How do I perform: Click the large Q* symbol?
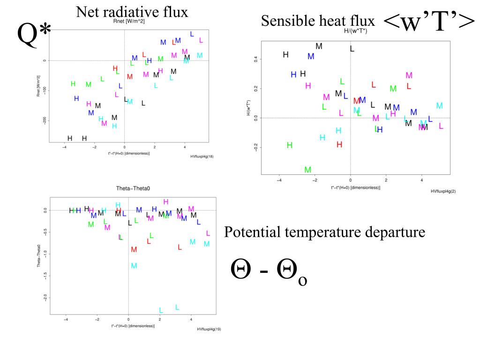point(34,36)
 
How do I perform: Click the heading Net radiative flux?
point(132,12)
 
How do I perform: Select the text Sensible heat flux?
point(318,21)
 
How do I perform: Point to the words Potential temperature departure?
point(325,232)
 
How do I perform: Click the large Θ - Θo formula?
point(270,272)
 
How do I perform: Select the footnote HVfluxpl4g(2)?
point(442,191)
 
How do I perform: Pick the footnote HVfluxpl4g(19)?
point(209,329)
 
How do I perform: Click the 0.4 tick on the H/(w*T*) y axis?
point(255,60)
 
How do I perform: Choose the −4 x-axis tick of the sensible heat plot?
point(279,180)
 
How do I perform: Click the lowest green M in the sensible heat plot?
point(308,170)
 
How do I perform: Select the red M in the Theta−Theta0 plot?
point(134,250)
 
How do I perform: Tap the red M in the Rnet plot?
point(130,76)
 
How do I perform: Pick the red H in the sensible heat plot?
point(339,144)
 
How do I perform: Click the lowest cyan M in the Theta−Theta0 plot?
point(134,266)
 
